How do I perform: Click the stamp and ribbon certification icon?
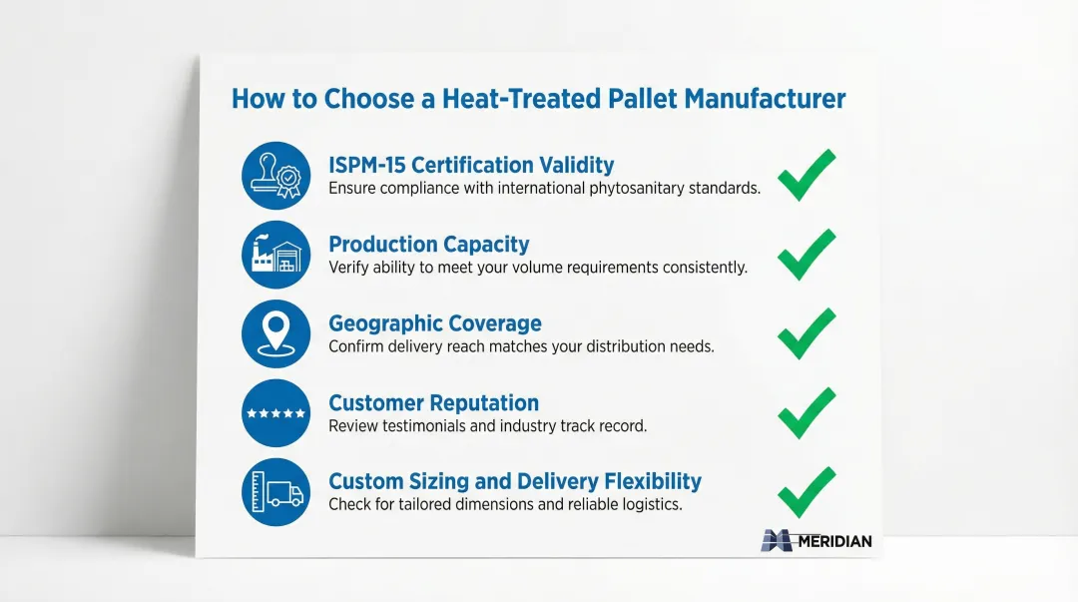tap(275, 176)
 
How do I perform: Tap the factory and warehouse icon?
tap(275, 255)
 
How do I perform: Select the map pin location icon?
tap(275, 333)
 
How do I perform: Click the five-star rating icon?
tap(275, 412)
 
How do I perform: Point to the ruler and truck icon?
tap(275, 492)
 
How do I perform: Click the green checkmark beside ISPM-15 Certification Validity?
tap(806, 177)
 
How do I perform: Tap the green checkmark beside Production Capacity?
tap(806, 256)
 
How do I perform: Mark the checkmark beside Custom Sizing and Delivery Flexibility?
tap(806, 493)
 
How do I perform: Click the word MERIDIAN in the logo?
tap(834, 541)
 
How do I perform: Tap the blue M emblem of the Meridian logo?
tap(778, 541)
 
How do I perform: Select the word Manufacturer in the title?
tap(765, 99)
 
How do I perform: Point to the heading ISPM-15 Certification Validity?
tap(471, 165)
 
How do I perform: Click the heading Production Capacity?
tap(429, 245)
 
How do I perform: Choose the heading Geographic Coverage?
tap(435, 323)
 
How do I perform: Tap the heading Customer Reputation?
tap(434, 402)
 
